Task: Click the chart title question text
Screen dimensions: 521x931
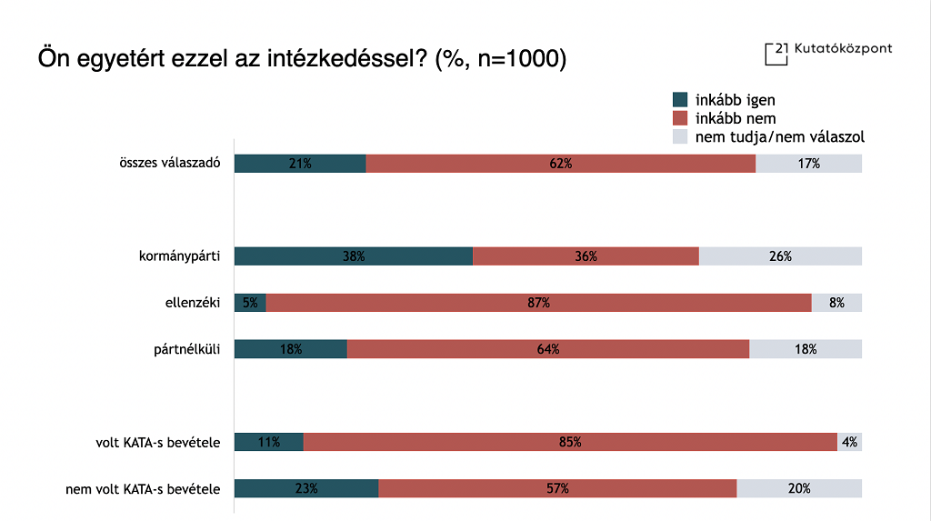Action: tap(302, 59)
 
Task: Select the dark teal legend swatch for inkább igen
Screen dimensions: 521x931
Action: tap(680, 100)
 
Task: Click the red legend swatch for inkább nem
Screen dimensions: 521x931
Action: tap(680, 118)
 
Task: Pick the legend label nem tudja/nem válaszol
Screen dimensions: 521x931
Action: tap(779, 137)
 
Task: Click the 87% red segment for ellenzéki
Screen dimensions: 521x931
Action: tap(538, 303)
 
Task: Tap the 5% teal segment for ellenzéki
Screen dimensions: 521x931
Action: tap(250, 303)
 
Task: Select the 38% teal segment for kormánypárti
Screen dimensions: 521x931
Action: tap(354, 256)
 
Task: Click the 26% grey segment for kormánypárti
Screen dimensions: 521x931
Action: tap(780, 256)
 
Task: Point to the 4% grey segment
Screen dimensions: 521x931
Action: tap(849, 442)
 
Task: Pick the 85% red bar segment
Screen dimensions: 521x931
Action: tap(570, 442)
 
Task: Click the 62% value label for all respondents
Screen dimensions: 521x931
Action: tap(560, 164)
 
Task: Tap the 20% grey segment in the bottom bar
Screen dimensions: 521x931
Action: tap(799, 488)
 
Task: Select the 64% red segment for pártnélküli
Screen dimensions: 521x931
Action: tap(547, 349)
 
